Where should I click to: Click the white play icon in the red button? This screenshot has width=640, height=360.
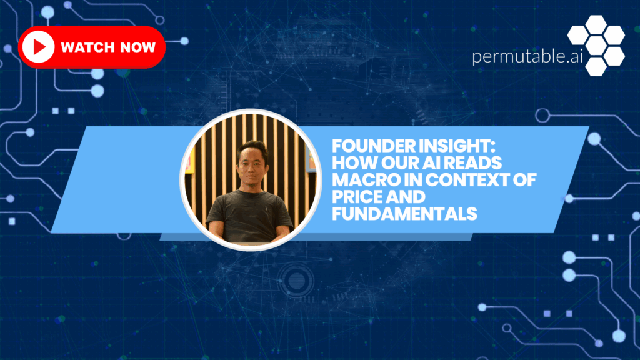(x=38, y=47)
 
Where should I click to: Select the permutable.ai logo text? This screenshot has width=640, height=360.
(x=527, y=56)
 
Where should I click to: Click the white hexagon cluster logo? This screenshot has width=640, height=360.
(x=596, y=45)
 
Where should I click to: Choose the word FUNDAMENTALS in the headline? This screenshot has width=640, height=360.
(x=404, y=214)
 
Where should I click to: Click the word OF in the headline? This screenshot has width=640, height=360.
(x=525, y=180)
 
